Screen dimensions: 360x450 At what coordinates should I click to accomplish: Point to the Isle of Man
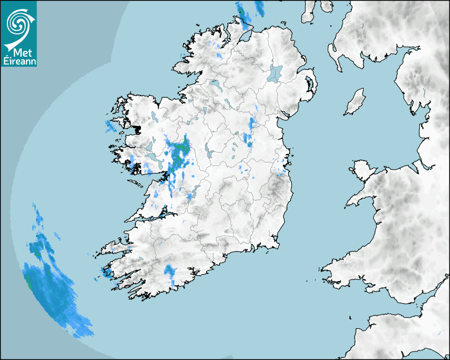355,102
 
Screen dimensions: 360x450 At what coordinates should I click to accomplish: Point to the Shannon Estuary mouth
139,217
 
